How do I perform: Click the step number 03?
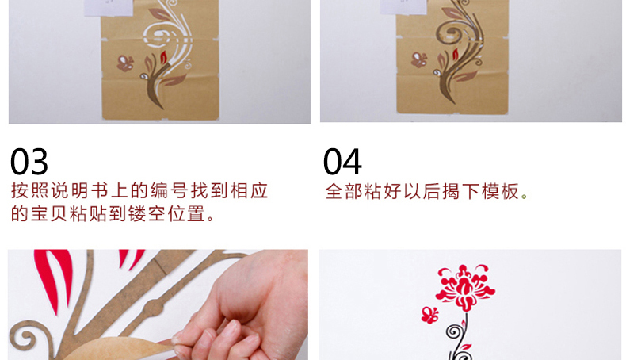click(29, 162)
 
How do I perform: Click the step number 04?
click(342, 162)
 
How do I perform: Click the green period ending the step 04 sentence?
click(525, 196)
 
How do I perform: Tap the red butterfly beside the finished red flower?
click(429, 315)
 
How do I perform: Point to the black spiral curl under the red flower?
click(453, 331)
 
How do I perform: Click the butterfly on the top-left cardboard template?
click(125, 63)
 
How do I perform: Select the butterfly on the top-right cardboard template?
click(419, 60)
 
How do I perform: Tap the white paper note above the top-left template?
click(109, 8)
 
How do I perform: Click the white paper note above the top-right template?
click(403, 7)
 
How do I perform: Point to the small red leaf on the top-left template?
click(163, 57)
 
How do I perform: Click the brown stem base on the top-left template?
click(155, 93)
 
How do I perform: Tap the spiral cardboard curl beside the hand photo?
click(25, 337)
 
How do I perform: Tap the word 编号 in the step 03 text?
click(169, 190)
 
